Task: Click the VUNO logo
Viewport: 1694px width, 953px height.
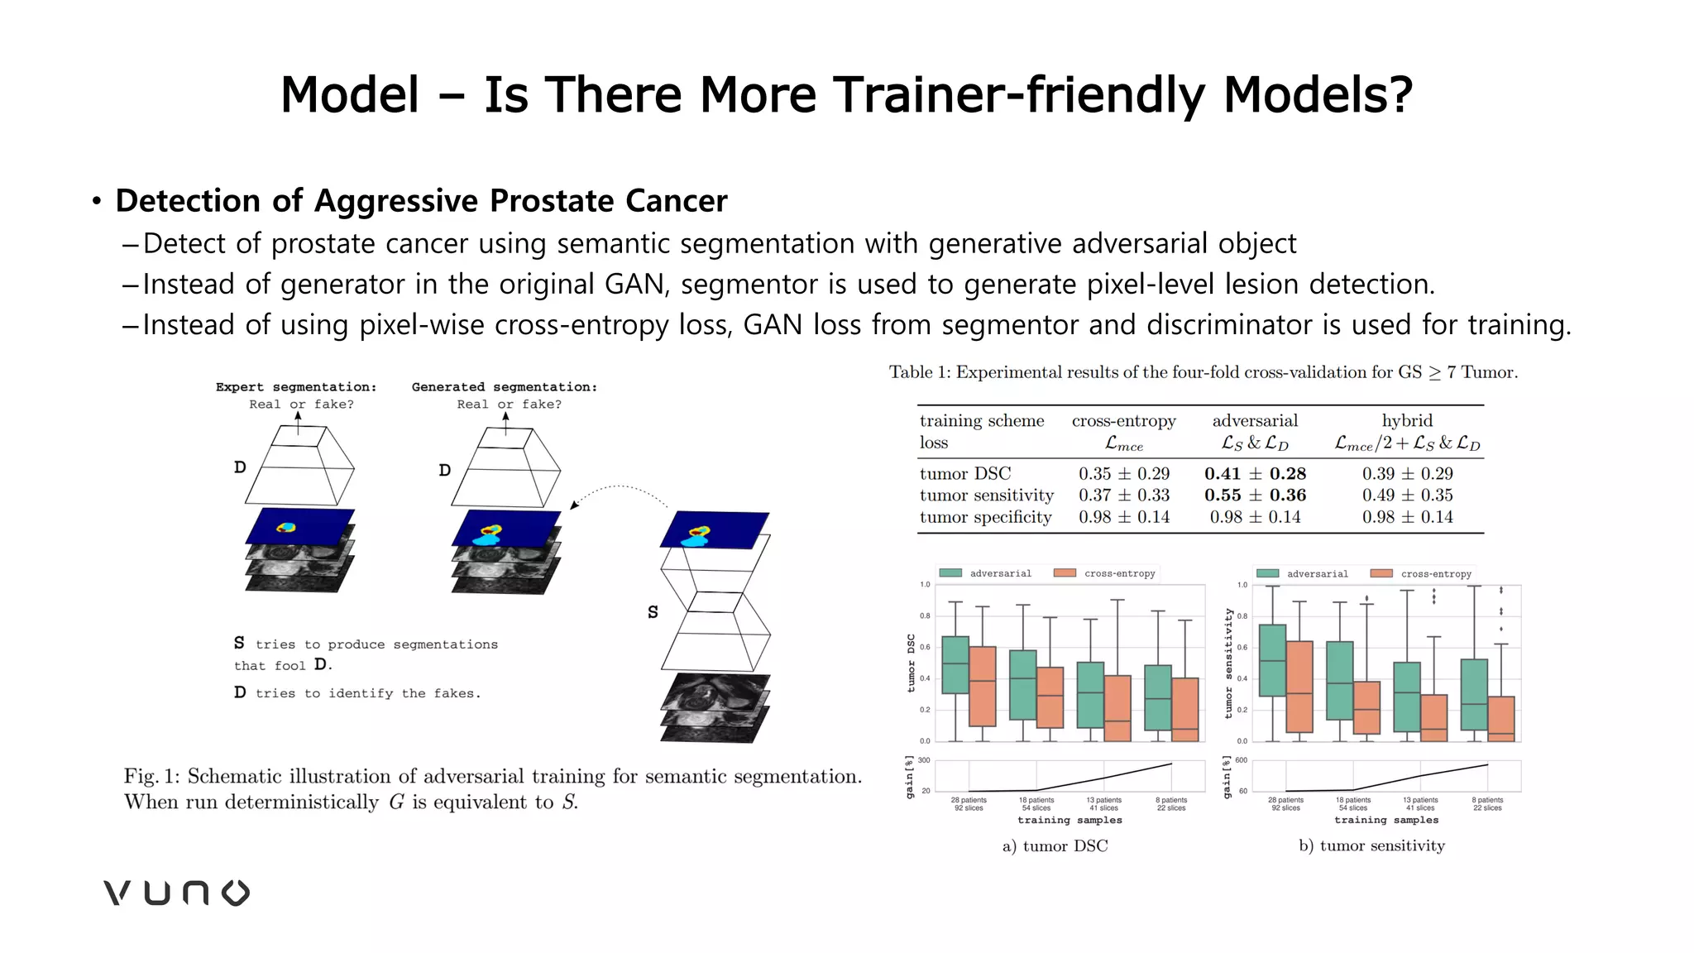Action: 176,893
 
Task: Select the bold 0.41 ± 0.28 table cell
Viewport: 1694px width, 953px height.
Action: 1255,473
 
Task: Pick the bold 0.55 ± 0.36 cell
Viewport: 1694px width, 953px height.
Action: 1255,495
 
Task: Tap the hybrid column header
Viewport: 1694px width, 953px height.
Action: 1407,420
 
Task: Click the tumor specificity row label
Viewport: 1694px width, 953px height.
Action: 985,517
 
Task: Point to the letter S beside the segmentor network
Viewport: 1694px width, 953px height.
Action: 653,612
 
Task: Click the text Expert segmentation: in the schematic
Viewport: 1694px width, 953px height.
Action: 296,386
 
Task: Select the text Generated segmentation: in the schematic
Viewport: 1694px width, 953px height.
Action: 504,386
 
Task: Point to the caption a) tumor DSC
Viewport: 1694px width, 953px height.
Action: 1055,845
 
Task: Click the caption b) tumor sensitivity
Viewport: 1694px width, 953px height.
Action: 1371,845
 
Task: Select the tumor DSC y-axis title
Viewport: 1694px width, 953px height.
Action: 911,663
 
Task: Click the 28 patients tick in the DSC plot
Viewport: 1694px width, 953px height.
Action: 968,803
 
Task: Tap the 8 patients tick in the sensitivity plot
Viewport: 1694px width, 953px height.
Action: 1486,803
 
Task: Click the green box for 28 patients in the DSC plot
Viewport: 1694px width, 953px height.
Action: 955,664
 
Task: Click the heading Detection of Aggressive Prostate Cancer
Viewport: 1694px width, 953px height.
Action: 421,201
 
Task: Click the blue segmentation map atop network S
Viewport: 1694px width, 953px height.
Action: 715,530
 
